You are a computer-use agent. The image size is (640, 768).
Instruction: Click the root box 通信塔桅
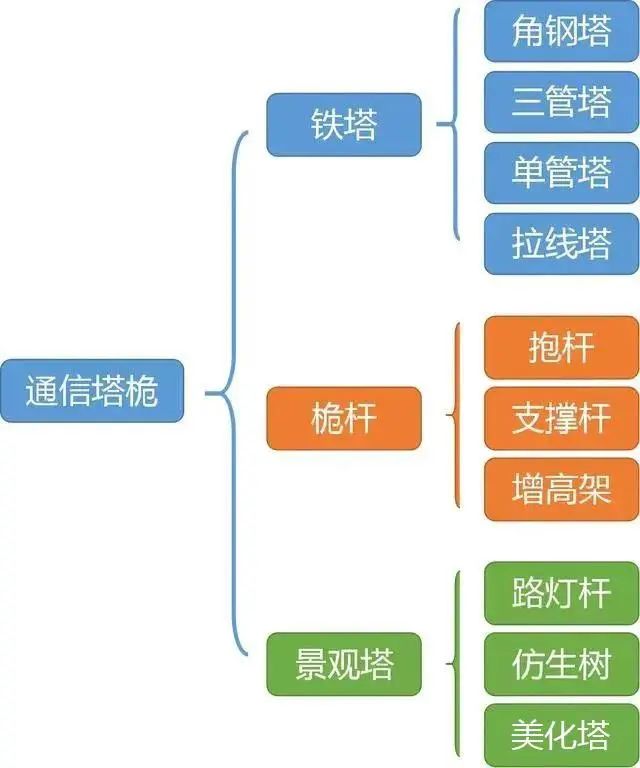point(92,391)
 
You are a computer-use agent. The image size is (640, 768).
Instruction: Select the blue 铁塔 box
point(344,125)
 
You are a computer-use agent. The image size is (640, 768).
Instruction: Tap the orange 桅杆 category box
point(344,418)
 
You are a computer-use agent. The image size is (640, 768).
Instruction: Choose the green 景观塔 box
point(344,664)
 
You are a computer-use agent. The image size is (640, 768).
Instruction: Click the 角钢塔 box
point(562,31)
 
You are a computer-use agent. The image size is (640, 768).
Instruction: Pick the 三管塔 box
point(562,102)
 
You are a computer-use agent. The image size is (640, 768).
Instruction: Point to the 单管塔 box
point(562,173)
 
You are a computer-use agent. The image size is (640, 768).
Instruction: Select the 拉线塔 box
point(562,244)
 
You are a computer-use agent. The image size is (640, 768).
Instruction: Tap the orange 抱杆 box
point(562,347)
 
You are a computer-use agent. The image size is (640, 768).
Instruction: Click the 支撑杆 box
point(562,418)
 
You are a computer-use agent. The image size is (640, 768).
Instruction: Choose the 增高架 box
point(562,489)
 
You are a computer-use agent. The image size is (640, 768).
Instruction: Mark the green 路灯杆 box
point(562,593)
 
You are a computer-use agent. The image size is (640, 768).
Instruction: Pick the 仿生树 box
point(562,664)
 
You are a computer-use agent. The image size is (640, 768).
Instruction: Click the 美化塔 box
point(562,735)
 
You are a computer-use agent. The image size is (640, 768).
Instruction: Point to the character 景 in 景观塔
point(311,664)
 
